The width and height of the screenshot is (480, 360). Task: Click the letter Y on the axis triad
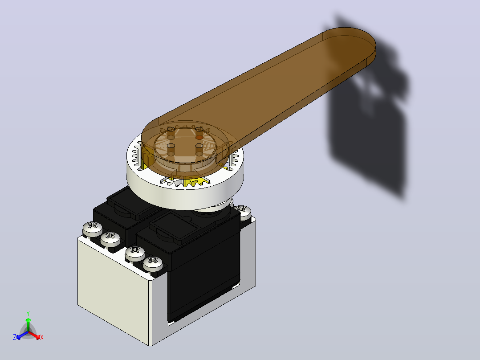(x=28, y=313)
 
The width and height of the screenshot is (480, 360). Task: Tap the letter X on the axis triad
(x=42, y=337)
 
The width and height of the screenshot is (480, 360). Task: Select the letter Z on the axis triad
(x=15, y=337)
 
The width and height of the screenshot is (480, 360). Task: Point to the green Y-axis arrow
(x=28, y=324)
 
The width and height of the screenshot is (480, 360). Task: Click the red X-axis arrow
(x=34, y=335)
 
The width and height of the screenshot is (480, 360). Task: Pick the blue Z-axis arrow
(x=22, y=335)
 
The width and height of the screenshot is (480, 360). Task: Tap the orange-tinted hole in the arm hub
(x=199, y=137)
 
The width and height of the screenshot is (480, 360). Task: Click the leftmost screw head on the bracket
(x=93, y=229)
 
